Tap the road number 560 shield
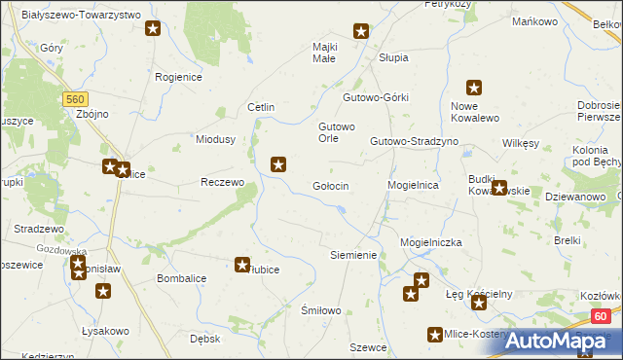point(75,98)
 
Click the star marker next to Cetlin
point(278,164)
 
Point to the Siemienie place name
point(353,255)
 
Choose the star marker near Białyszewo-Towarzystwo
point(153,28)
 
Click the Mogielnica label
point(414,185)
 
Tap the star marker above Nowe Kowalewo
point(474,87)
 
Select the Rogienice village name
point(179,76)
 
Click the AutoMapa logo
point(565,341)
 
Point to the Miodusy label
point(216,139)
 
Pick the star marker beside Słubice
point(242,264)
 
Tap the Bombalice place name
point(181,278)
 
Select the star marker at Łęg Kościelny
point(479,303)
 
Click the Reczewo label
point(221,182)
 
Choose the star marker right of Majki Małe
point(361,31)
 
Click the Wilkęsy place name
point(521,143)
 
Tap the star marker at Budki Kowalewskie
point(499,189)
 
